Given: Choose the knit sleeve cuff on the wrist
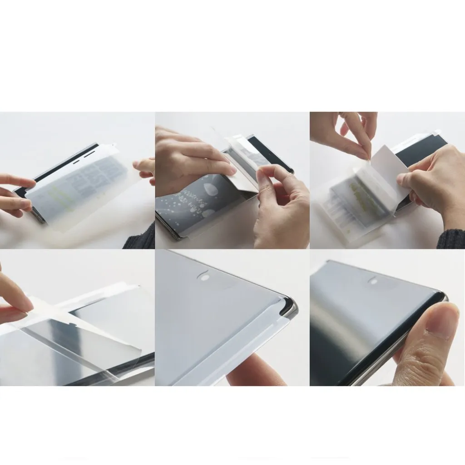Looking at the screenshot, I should pyautogui.click(x=450, y=238).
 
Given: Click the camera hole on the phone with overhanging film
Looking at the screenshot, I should pyautogui.click(x=204, y=276).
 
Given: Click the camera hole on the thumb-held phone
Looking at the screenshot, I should pyautogui.click(x=373, y=281).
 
